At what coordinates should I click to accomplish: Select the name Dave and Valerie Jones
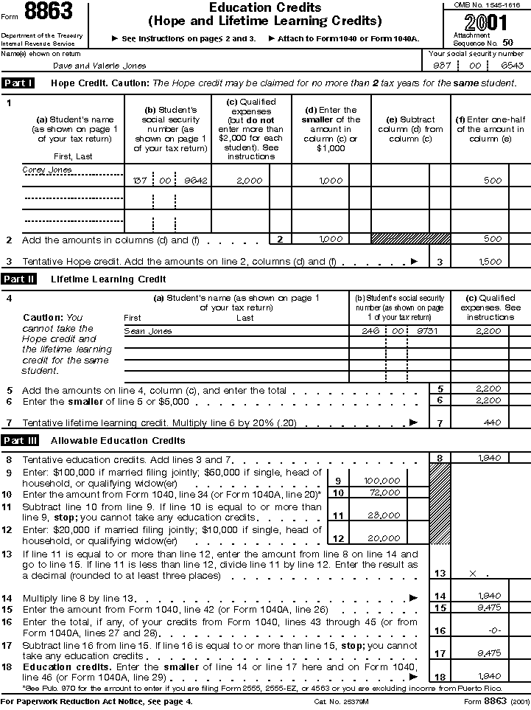click(99, 66)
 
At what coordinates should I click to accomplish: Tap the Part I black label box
click(18, 83)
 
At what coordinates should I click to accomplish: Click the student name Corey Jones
click(47, 170)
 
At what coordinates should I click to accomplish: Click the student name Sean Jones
click(148, 332)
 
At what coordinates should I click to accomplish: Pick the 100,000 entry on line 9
click(382, 481)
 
